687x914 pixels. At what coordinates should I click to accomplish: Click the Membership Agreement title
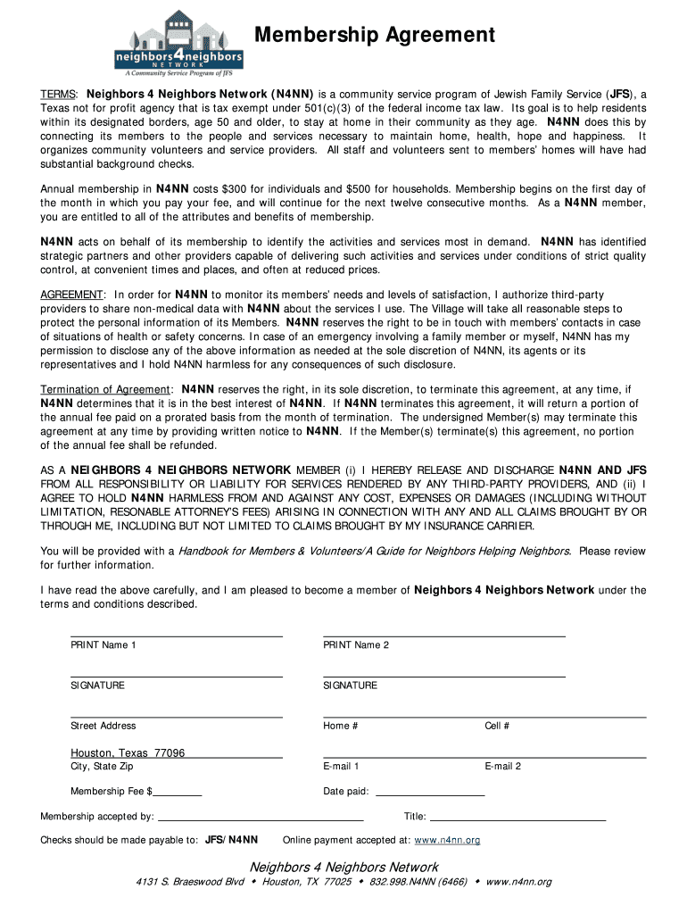click(x=375, y=35)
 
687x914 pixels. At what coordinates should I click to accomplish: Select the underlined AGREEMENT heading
click(x=72, y=295)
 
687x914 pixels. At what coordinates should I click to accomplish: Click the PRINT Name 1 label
click(x=103, y=645)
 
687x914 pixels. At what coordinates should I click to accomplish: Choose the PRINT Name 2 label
click(x=356, y=645)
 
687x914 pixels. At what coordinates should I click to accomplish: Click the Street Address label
click(x=103, y=726)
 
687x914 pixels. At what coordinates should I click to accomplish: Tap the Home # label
click(x=341, y=726)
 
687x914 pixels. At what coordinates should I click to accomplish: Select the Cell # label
click(x=497, y=726)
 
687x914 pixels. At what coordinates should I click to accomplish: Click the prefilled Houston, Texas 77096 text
click(x=128, y=753)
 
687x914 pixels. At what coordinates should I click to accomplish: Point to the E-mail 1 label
click(x=341, y=766)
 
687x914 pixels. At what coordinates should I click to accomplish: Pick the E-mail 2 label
click(x=502, y=766)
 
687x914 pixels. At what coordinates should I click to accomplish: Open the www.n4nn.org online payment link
click(x=447, y=840)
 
